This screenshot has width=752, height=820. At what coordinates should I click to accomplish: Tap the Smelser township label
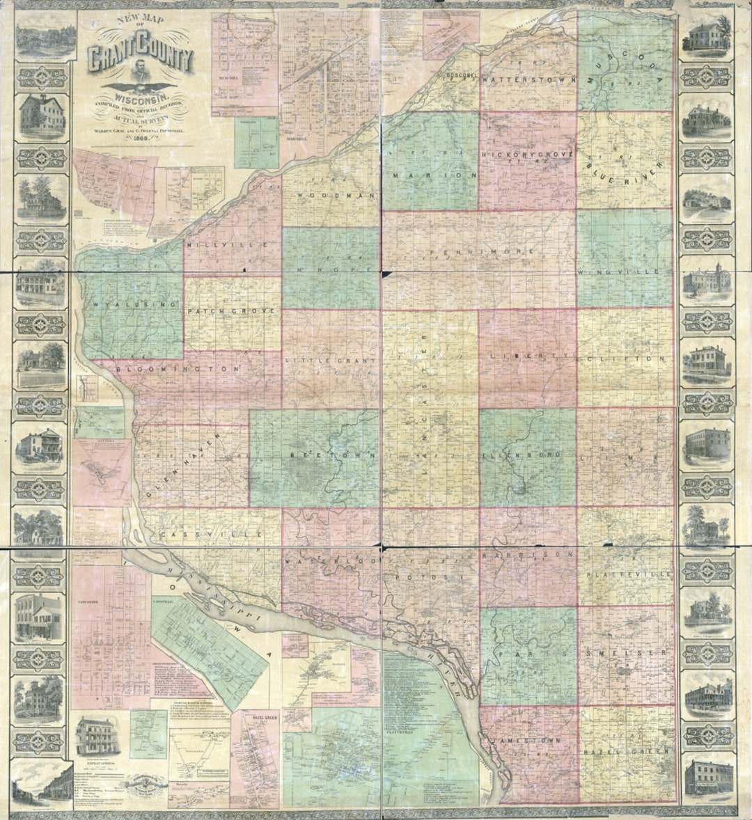click(628, 654)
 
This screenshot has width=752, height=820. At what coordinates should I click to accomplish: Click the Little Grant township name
click(331, 361)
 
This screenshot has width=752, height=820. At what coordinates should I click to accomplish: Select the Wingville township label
click(617, 271)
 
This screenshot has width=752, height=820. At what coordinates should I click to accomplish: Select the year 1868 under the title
click(139, 136)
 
